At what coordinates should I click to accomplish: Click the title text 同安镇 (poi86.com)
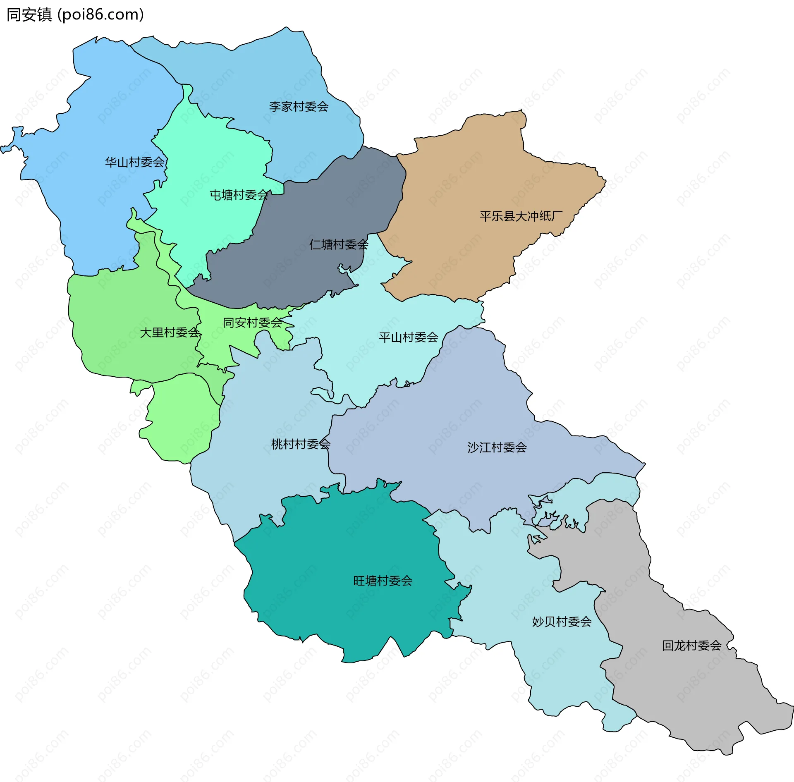tap(75, 14)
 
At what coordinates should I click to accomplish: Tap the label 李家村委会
tap(299, 107)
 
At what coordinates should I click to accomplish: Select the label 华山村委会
tap(134, 162)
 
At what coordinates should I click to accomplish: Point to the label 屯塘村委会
tap(239, 195)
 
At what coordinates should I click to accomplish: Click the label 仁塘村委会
tap(339, 244)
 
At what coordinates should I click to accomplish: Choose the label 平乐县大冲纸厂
tap(521, 216)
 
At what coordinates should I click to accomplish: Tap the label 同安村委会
tap(252, 323)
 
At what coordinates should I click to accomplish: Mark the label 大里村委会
tap(170, 332)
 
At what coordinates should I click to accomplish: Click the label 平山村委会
tap(408, 337)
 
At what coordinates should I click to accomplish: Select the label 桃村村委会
tap(301, 444)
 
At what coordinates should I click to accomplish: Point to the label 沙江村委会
tap(497, 447)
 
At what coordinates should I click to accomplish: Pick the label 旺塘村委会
tap(383, 581)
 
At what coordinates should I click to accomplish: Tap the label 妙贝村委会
tap(562, 622)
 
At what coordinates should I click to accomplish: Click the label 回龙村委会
tap(691, 646)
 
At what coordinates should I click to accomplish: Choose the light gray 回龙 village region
tap(682, 695)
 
